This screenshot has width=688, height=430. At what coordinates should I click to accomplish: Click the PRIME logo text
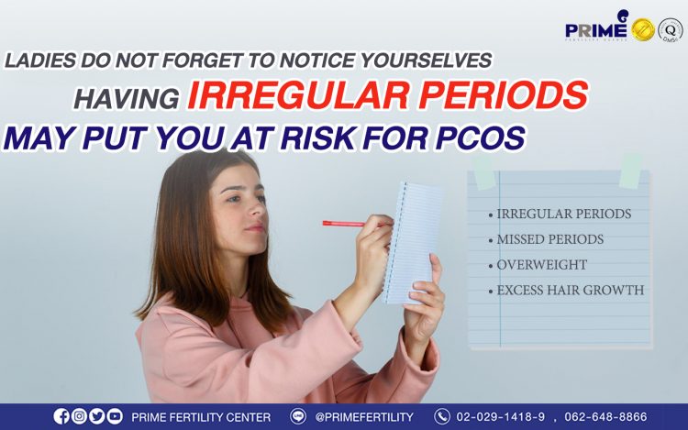pyautogui.click(x=596, y=30)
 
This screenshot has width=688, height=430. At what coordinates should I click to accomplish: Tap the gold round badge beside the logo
pyautogui.click(x=643, y=30)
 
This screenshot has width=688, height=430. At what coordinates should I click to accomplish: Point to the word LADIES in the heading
pyautogui.click(x=40, y=60)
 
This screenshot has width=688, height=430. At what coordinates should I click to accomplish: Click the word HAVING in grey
pyautogui.click(x=127, y=98)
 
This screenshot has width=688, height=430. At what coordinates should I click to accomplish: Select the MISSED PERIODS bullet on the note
pyautogui.click(x=546, y=239)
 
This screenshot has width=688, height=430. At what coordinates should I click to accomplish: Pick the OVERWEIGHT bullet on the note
pyautogui.click(x=538, y=265)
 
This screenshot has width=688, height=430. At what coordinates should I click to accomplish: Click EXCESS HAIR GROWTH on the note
pyautogui.click(x=566, y=290)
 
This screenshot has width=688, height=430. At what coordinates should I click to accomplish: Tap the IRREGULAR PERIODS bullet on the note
pyautogui.click(x=560, y=214)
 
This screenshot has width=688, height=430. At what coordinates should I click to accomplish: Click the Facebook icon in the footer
pyautogui.click(x=61, y=416)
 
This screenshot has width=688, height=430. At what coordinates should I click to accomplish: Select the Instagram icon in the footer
pyautogui.click(x=79, y=416)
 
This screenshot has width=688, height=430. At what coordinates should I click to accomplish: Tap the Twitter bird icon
pyautogui.click(x=96, y=416)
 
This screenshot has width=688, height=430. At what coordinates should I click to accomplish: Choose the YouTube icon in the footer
pyautogui.click(x=115, y=416)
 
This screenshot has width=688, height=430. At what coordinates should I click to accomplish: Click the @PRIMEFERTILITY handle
pyautogui.click(x=364, y=417)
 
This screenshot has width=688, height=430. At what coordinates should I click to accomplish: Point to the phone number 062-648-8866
pyautogui.click(x=605, y=416)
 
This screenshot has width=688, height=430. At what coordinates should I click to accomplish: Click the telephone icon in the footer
pyautogui.click(x=442, y=416)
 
